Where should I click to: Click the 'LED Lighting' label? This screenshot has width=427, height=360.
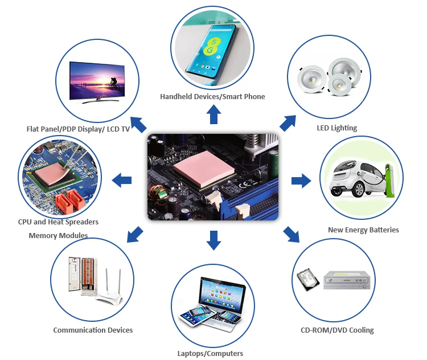tap(336, 128)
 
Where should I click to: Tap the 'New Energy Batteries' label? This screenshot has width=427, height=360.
tap(363, 230)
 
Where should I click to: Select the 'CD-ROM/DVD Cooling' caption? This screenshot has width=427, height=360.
tap(337, 330)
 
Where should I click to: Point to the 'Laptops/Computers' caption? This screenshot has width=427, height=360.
tap(210, 354)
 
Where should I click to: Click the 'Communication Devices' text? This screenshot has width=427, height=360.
tap(93, 330)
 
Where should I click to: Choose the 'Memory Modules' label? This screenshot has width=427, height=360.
tap(58, 235)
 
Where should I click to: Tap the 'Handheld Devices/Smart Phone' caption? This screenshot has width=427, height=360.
tap(212, 96)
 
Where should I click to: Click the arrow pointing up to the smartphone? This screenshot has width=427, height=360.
tap(213, 115)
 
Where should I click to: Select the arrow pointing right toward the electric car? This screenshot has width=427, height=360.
tap(301, 181)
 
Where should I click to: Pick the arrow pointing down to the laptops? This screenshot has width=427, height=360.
tap(213, 240)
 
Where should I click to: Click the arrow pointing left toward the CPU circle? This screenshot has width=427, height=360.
tap(122, 181)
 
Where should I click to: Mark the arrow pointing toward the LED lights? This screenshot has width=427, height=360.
tap(288, 122)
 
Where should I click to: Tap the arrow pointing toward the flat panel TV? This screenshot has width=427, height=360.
tap(138, 123)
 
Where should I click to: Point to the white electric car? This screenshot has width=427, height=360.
tap(355, 177)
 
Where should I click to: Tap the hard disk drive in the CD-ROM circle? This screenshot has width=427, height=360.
tap(308, 280)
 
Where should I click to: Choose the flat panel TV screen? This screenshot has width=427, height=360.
tap(98, 79)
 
